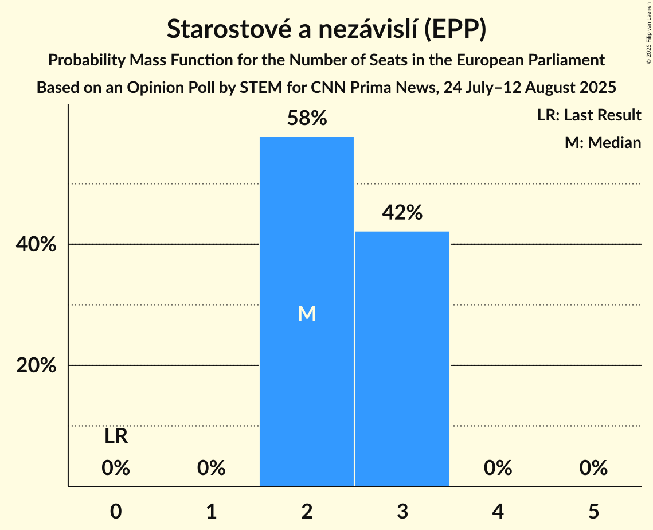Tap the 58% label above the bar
[307, 119]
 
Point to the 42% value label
[402, 213]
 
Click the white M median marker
[307, 313]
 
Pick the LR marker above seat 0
[116, 437]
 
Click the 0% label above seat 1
[211, 468]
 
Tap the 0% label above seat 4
[498, 468]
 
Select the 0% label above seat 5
[593, 468]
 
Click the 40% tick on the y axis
[36, 245]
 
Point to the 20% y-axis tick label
[36, 365]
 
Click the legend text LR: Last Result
[589, 115]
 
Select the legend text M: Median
[603, 142]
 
